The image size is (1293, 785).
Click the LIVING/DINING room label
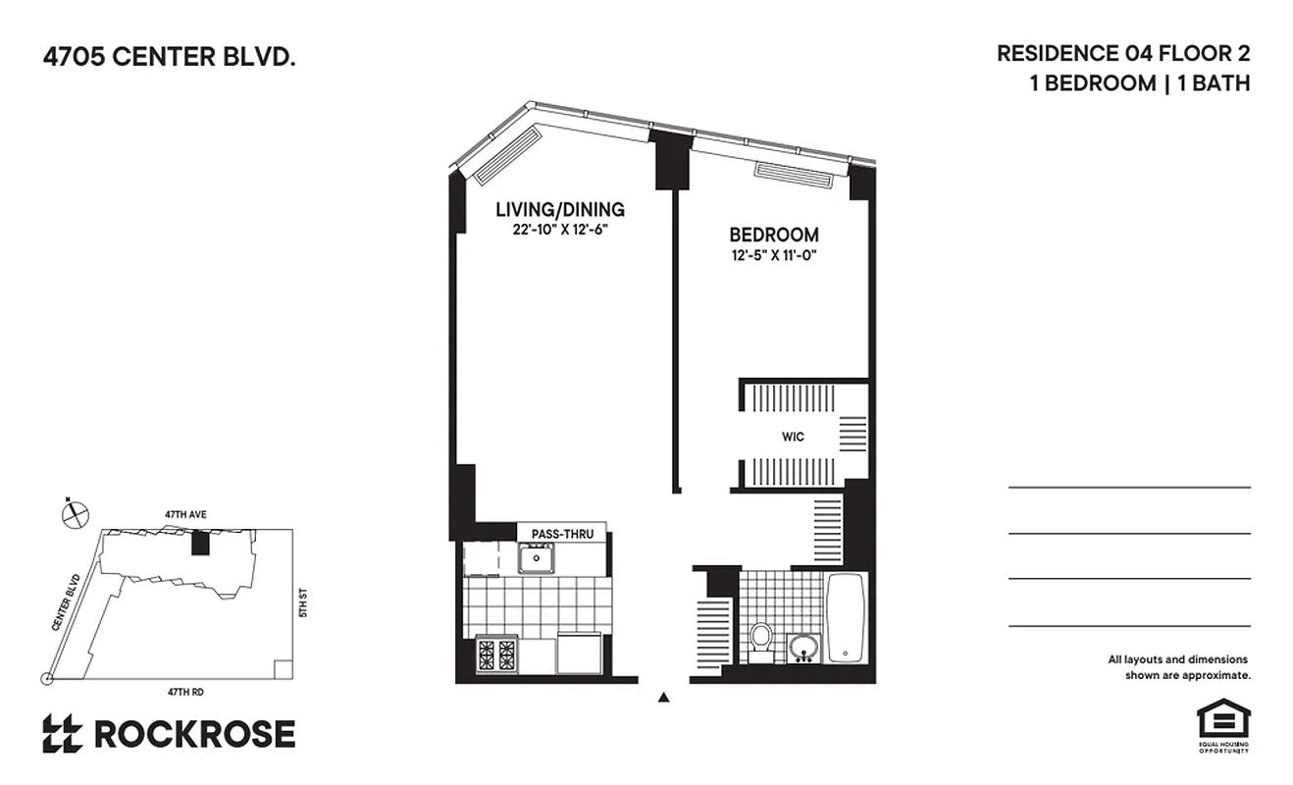[x=559, y=209]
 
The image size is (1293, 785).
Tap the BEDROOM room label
[x=773, y=235]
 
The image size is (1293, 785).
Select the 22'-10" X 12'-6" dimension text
[x=559, y=230]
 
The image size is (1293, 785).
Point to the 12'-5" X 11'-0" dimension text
[x=773, y=256]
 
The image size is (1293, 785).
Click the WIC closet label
[x=793, y=437]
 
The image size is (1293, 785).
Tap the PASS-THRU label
[x=562, y=534]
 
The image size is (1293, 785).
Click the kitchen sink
[x=537, y=558]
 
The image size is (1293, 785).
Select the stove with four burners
[x=497, y=654]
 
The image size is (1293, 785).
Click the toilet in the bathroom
[x=761, y=639]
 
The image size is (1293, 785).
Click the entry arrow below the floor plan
[x=664, y=699]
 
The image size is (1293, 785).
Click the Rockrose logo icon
[x=62, y=734]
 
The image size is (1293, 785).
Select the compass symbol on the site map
[x=75, y=513]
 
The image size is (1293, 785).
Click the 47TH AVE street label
[x=186, y=514]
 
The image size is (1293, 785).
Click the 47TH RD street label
[x=185, y=692]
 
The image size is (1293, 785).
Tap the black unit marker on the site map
[x=201, y=543]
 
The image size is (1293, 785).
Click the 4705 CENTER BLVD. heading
[x=169, y=58]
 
